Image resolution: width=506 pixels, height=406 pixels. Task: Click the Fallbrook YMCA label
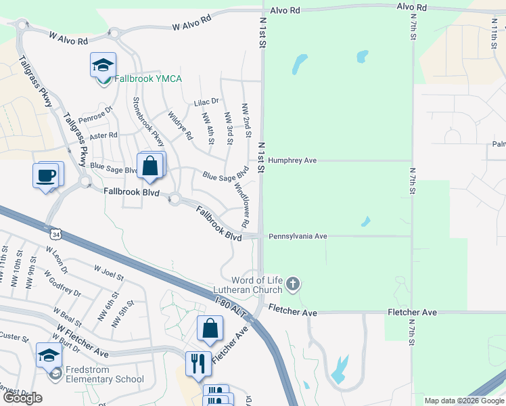tap(147, 79)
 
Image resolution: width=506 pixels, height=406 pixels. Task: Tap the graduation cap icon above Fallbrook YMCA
tap(103, 65)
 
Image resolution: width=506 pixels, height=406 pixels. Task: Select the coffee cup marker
tap(46, 176)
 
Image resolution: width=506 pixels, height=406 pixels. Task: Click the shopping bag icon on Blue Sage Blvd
tap(149, 166)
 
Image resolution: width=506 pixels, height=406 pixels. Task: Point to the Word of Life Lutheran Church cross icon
tap(292, 283)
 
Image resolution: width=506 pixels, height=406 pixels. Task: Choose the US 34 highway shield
tap(55, 234)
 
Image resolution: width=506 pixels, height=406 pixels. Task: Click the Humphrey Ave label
tap(292, 161)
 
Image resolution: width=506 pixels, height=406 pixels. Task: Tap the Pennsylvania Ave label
tap(298, 237)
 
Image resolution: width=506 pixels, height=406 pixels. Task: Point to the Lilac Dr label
tap(206, 101)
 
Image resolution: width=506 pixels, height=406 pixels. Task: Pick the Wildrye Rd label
tap(180, 125)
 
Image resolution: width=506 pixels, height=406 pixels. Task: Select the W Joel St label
tap(109, 273)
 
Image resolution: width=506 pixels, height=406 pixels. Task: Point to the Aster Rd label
tap(103, 135)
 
